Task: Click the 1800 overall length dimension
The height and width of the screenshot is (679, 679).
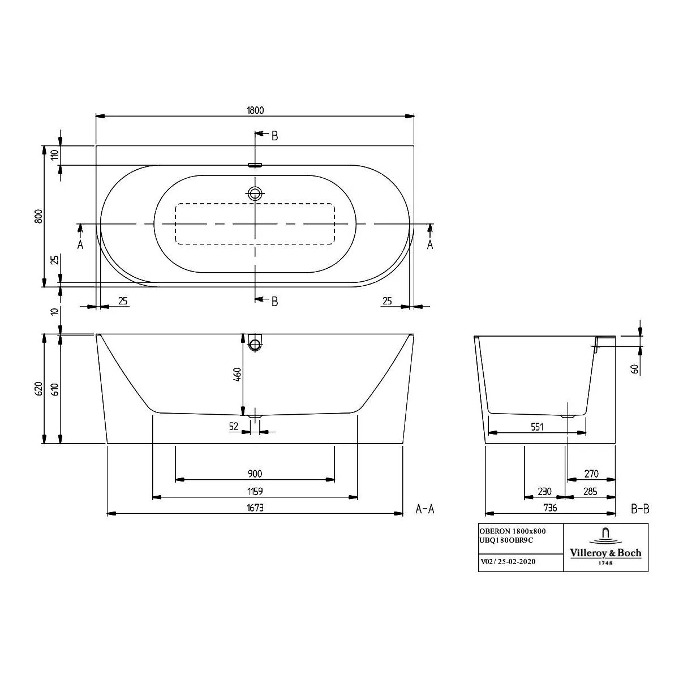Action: (x=255, y=110)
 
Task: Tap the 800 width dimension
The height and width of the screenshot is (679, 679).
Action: (x=39, y=216)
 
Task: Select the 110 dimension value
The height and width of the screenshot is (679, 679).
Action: (x=55, y=154)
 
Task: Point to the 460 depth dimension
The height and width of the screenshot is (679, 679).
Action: (x=238, y=375)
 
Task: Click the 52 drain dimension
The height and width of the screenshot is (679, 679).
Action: (x=234, y=427)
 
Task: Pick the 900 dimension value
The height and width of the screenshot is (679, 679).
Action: (x=255, y=474)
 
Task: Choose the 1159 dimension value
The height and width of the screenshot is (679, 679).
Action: (x=255, y=491)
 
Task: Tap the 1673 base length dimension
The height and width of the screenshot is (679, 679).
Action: (x=255, y=508)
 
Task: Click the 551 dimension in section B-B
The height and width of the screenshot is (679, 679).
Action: (x=537, y=427)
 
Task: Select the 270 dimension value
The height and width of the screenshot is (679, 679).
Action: (x=591, y=474)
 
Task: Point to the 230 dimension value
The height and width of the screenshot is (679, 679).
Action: (x=544, y=491)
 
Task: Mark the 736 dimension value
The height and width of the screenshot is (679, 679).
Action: (x=550, y=508)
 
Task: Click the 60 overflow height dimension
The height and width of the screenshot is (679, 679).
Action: (x=635, y=369)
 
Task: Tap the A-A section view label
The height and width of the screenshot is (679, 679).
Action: (x=425, y=509)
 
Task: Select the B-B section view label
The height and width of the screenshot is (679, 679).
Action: (x=640, y=509)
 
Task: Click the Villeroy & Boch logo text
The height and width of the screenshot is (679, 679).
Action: (x=605, y=553)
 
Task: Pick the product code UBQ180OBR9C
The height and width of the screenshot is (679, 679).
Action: (x=506, y=540)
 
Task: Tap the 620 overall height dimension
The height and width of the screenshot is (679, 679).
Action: (x=39, y=388)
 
